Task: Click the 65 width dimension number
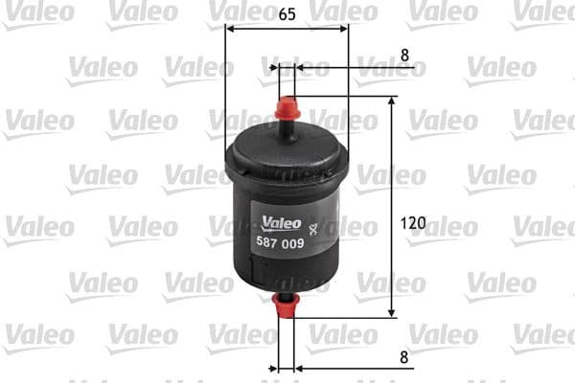point(287,14)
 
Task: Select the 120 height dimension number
point(412,223)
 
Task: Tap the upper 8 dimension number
point(404,56)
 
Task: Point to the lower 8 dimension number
point(404,356)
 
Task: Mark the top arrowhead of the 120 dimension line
point(391,102)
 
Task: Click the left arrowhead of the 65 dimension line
point(231,28)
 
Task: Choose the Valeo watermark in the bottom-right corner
point(542,335)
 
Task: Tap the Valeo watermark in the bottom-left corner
point(38,335)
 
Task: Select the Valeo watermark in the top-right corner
point(542,13)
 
